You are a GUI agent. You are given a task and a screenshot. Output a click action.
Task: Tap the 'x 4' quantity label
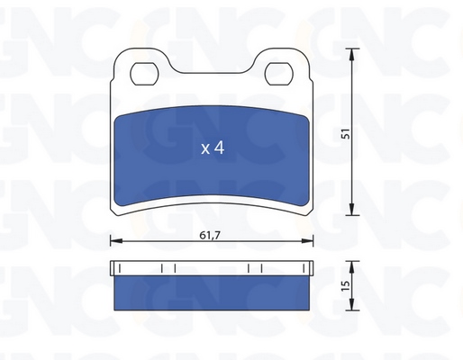(x=213, y=148)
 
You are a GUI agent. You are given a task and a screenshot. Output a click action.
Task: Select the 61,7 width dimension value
(x=210, y=236)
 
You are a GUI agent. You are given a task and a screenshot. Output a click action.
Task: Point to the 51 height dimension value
(x=346, y=133)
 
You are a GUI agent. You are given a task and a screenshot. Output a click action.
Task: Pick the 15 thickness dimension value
(x=346, y=285)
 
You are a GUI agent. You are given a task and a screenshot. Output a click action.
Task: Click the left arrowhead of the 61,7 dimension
(x=116, y=240)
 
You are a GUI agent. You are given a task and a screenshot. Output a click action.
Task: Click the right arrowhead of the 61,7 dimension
(x=307, y=240)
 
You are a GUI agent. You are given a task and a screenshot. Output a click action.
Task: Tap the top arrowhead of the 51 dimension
(x=352, y=54)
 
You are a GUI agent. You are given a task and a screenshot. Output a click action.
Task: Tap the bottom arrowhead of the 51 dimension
(x=352, y=209)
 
